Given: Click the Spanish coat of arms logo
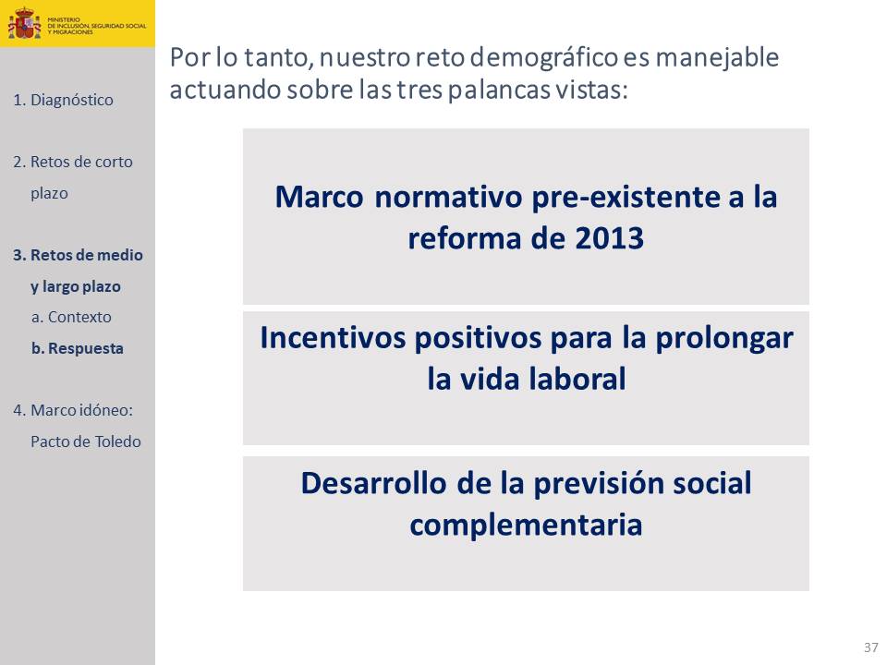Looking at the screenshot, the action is pos(24,23).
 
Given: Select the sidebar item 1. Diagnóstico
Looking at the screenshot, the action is pos(63,100).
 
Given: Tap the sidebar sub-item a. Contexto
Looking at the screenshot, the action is pos(71,317).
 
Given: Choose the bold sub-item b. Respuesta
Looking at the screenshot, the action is pos(78,348).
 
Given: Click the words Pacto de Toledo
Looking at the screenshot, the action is pos(85,441).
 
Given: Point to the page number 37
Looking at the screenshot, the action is pos(871,647).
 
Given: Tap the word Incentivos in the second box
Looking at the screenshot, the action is pos(334,338).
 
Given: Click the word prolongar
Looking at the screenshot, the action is pos(724,339).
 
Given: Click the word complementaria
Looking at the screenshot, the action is pos(526,526).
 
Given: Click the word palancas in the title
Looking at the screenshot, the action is pos(498,91).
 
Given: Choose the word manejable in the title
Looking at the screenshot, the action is pos(717,57).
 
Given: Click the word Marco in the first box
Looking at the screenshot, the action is pos(319,198).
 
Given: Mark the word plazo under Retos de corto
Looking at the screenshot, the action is pos(49,194).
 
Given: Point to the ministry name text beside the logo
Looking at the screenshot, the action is pos(97,26).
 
